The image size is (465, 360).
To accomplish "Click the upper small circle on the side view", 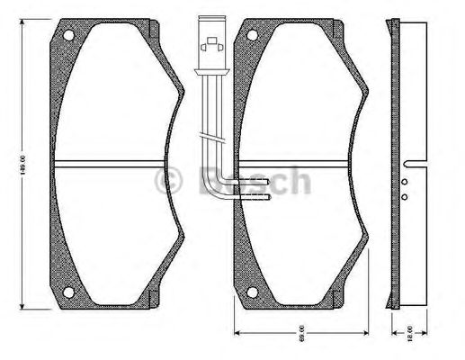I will coord(405,183).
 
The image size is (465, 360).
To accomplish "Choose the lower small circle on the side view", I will coord(405,196).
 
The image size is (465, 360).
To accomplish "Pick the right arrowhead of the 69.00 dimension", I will coord(364,332).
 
